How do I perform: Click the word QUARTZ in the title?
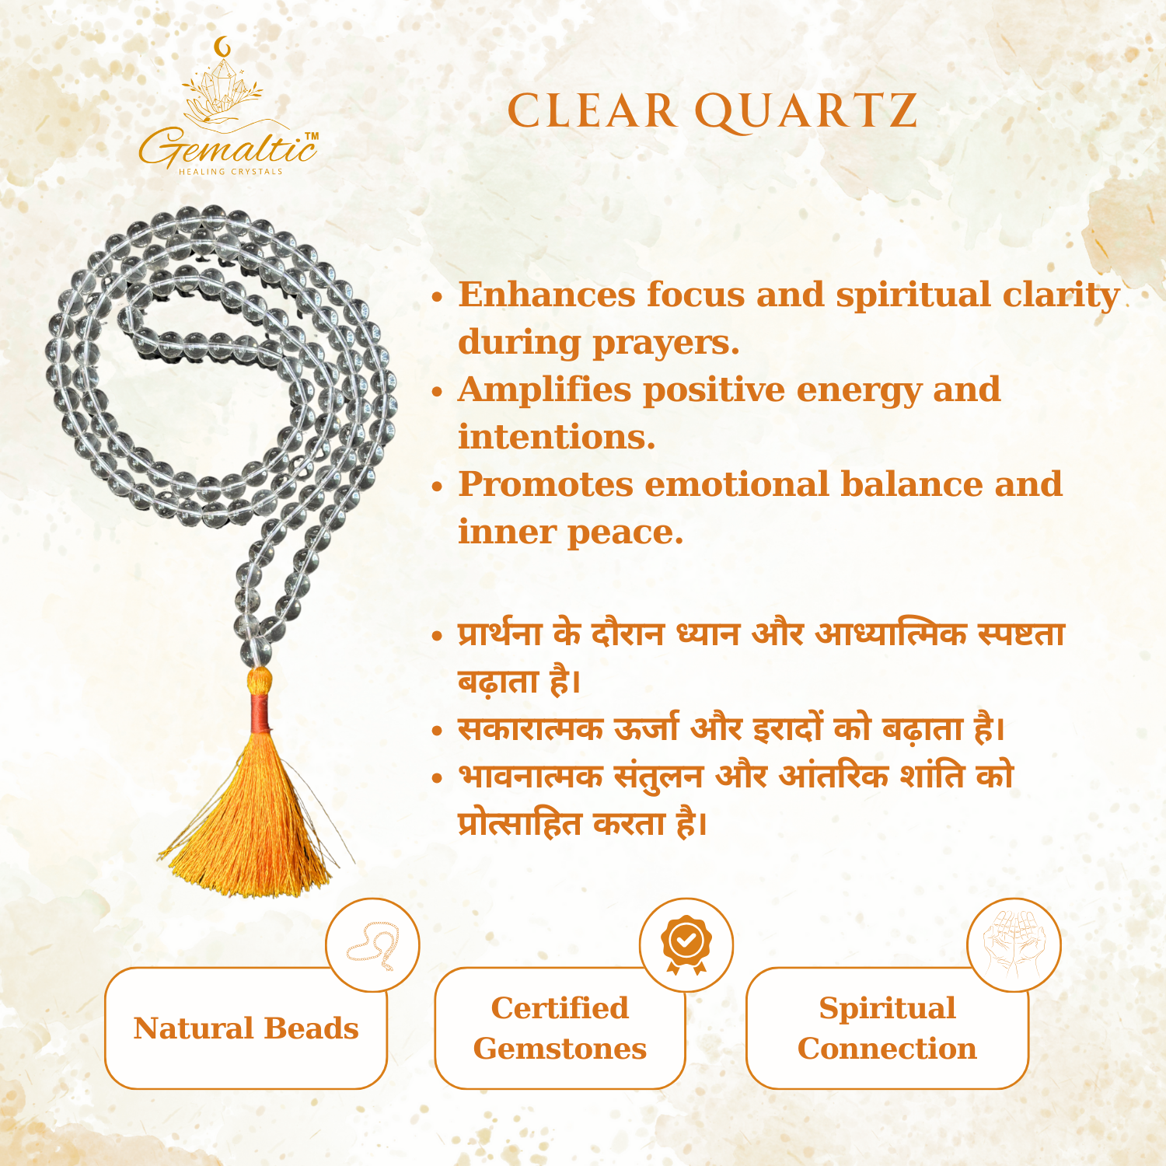point(806,111)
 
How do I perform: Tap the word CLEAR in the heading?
point(592,111)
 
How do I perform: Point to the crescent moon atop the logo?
point(224,47)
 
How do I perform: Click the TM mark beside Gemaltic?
point(311,137)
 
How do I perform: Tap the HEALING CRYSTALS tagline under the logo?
point(231,172)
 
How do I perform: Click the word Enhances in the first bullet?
point(546,295)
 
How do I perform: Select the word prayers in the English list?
point(665,342)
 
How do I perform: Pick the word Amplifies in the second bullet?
point(544,389)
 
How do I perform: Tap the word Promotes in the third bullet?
point(546,484)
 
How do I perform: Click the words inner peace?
point(571,532)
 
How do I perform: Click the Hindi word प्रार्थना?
point(500,634)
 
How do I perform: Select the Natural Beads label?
point(246,1028)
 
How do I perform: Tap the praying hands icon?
point(1014,944)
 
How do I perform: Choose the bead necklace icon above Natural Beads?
point(372,944)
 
